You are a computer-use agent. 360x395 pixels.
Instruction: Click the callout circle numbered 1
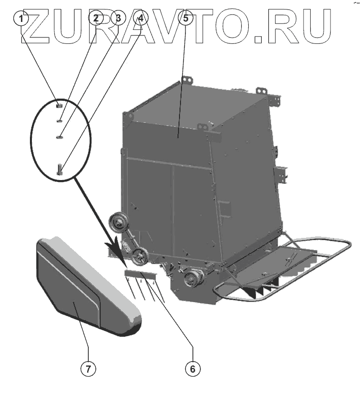(x=21, y=19)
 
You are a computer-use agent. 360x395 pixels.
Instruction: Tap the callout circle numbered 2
(x=96, y=19)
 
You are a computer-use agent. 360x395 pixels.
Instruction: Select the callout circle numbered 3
(x=118, y=19)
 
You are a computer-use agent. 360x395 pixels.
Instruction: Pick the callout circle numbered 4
(x=141, y=19)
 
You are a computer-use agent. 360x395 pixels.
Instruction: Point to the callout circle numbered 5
(x=185, y=19)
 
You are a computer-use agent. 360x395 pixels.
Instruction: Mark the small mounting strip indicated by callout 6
(x=140, y=273)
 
